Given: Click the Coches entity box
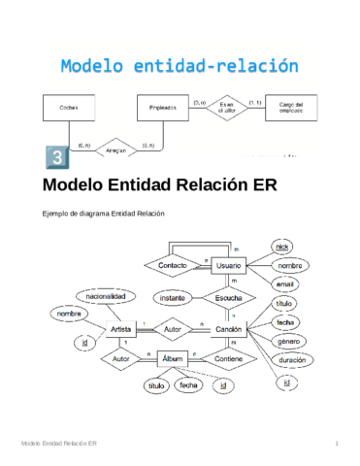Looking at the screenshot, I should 70,108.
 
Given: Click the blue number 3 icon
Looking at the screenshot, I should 56,157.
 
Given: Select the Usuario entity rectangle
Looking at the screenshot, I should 229,265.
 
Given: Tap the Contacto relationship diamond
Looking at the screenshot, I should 173,265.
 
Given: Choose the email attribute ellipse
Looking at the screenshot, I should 283,284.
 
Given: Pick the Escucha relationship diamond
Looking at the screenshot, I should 229,297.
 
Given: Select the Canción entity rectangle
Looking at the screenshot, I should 229,330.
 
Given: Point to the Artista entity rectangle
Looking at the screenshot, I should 122,330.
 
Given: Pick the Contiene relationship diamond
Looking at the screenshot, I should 229,360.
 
